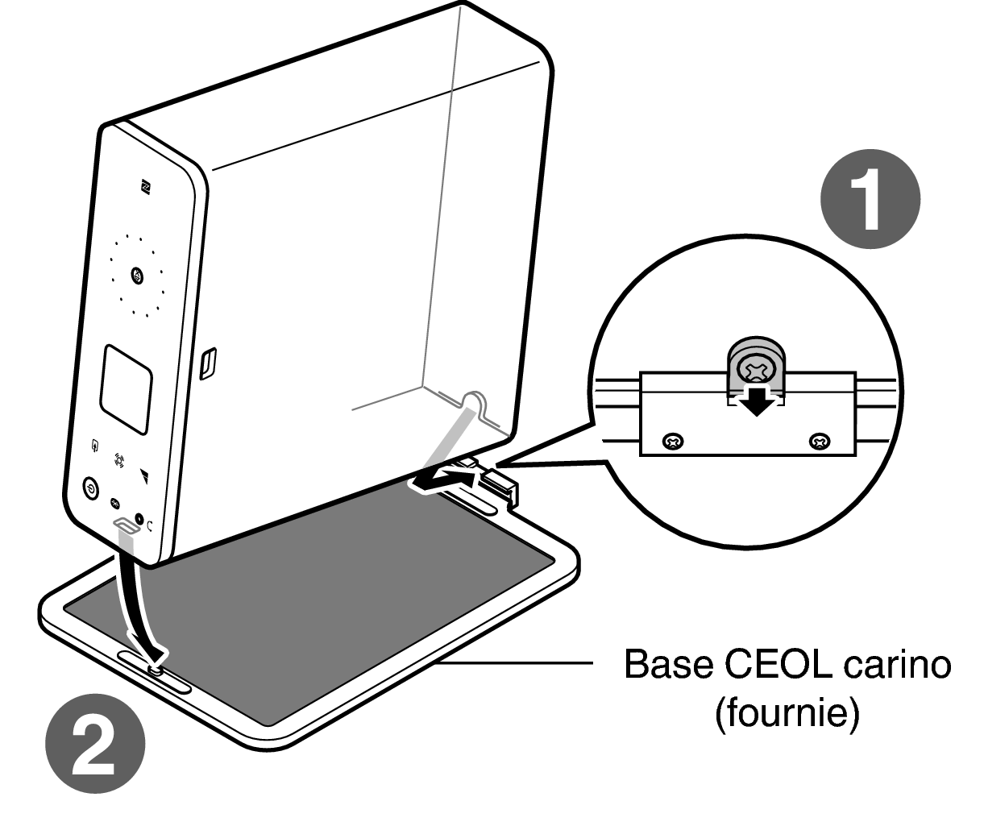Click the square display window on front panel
(x=126, y=390)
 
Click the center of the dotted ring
(x=137, y=275)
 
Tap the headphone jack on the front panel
(x=139, y=518)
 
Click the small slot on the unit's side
(x=207, y=363)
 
